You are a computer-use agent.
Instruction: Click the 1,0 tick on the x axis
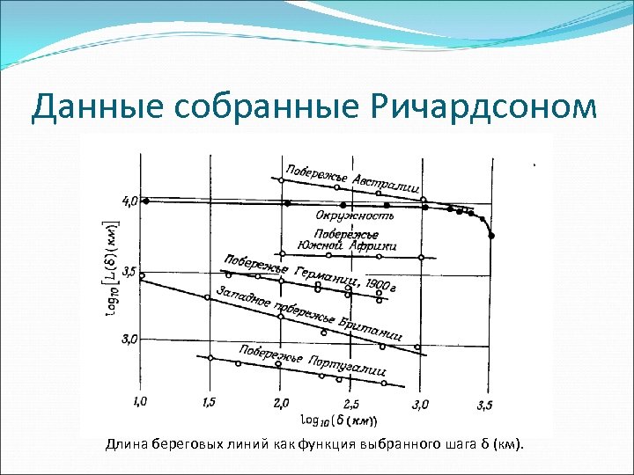(141, 402)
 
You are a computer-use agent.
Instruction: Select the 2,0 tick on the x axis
(281, 402)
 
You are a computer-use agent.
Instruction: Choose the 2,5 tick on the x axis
(350, 404)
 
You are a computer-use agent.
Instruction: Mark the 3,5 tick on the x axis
(484, 404)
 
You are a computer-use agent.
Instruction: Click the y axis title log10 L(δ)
(112, 264)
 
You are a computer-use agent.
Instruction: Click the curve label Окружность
(355, 215)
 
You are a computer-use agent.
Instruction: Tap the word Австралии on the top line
(385, 186)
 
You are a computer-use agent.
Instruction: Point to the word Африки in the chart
(378, 246)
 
